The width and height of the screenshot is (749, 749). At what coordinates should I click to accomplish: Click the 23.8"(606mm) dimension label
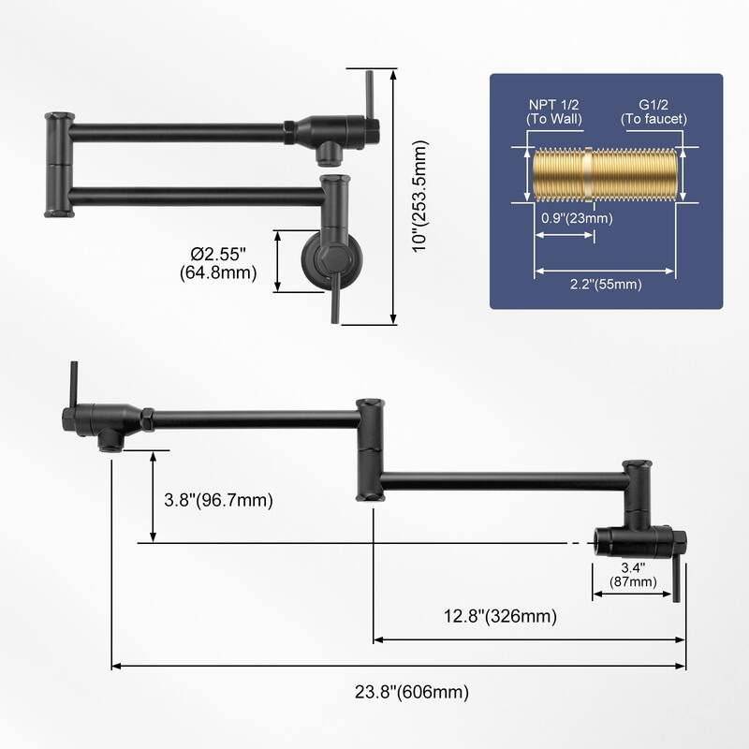pos(411,693)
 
